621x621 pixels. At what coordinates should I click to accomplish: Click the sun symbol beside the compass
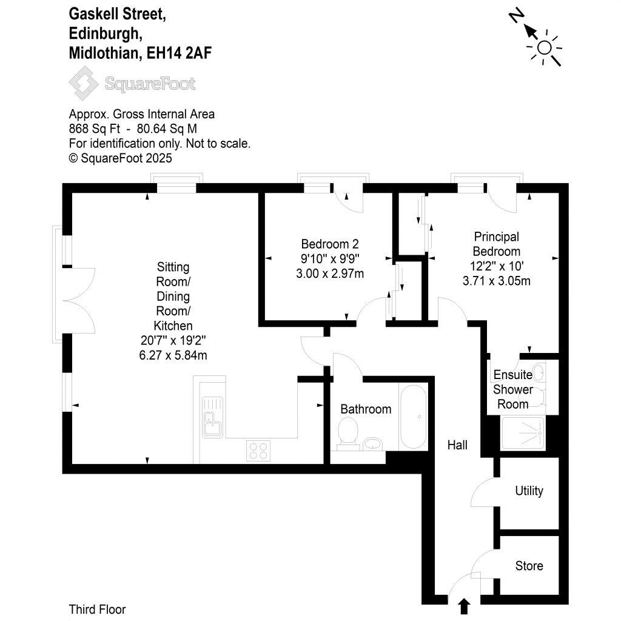pos(545,47)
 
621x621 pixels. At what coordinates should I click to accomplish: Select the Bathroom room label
pos(366,409)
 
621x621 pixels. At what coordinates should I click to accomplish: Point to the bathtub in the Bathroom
pos(413,416)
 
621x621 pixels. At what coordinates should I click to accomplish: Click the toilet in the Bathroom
pos(347,434)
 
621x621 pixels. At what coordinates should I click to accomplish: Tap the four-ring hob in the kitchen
pos(257,449)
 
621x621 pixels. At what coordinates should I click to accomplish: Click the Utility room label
pos(529,491)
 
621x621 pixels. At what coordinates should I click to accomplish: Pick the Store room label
pos(529,566)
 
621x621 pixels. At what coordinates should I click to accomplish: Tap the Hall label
pos(457,445)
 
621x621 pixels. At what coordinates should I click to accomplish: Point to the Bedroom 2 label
pos(330,244)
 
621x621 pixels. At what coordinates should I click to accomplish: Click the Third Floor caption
pos(97,609)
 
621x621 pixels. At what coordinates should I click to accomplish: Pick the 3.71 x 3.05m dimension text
pos(497,281)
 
